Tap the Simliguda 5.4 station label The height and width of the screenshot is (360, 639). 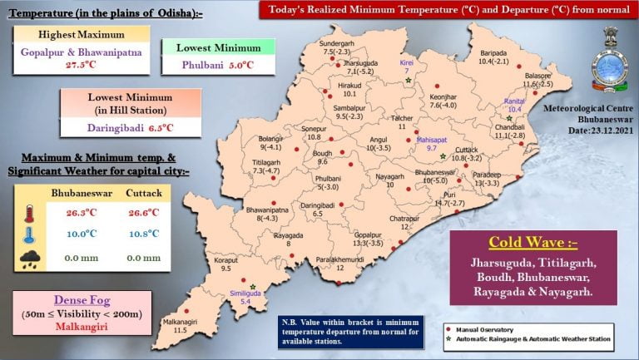pos(246,297)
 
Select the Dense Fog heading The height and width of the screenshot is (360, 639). pos(82,299)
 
